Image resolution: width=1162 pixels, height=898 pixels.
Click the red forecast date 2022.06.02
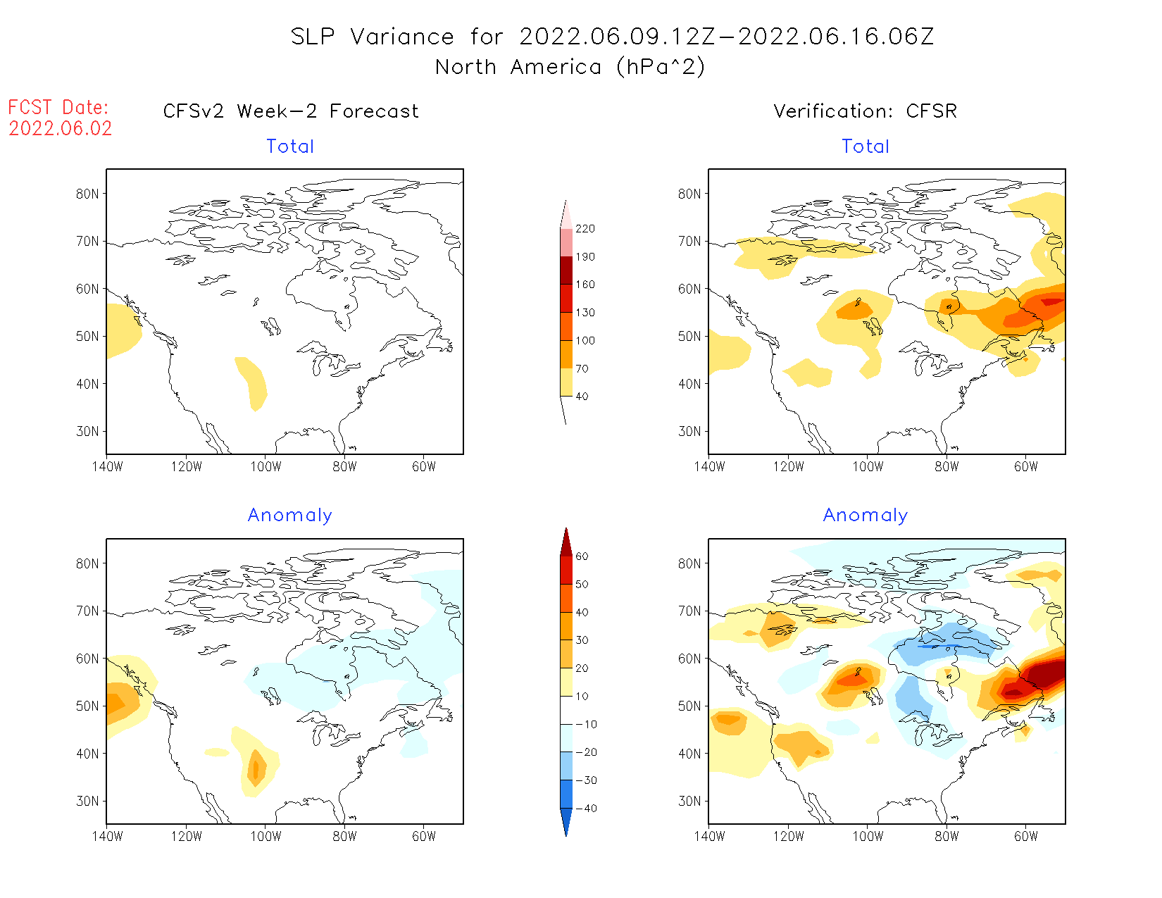click(x=61, y=128)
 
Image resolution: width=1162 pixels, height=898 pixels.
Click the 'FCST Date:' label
click(x=58, y=107)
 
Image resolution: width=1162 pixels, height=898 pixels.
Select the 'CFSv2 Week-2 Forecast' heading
click(x=291, y=111)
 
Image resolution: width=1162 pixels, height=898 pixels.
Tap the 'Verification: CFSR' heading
click(x=865, y=111)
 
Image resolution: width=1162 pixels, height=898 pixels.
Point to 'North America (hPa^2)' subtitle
click(x=570, y=67)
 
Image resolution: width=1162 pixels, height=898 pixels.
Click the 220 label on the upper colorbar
click(x=585, y=229)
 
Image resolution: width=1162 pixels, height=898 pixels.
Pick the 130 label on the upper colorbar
click(x=585, y=313)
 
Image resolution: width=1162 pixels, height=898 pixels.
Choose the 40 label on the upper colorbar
click(x=582, y=397)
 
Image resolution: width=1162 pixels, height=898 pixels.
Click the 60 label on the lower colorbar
click(x=582, y=556)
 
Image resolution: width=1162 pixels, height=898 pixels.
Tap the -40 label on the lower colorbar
click(x=586, y=809)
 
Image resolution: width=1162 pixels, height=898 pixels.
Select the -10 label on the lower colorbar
click(x=586, y=724)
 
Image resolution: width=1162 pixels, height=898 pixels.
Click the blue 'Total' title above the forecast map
click(x=290, y=146)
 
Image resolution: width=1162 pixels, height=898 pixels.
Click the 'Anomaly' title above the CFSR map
click(x=866, y=516)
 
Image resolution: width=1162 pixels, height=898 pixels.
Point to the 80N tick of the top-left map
click(x=87, y=194)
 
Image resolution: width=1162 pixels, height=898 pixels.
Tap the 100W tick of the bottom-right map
click(x=868, y=836)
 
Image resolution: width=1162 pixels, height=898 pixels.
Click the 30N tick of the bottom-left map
click(x=87, y=801)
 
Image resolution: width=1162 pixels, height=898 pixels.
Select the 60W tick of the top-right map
click(x=1026, y=466)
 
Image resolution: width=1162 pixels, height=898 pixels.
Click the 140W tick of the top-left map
click(x=107, y=466)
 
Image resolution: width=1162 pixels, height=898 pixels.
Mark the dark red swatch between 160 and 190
click(x=566, y=270)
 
